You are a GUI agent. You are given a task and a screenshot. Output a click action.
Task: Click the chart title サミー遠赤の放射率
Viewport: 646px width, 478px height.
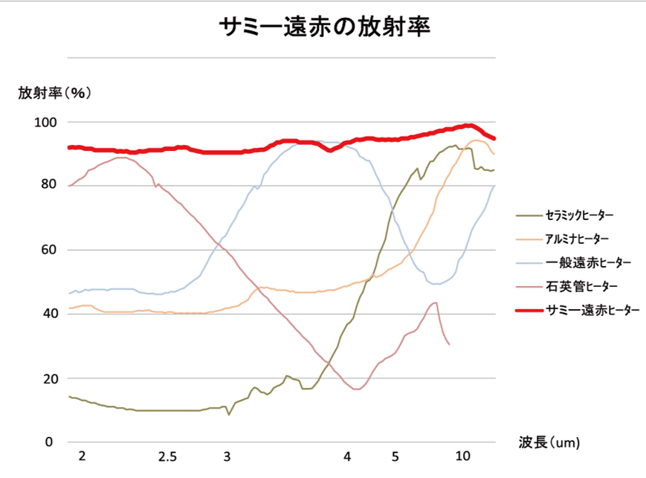[325, 28]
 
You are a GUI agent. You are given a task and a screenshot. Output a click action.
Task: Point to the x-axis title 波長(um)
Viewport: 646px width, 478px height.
[549, 442]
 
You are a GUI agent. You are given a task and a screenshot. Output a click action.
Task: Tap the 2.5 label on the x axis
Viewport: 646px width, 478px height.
[167, 456]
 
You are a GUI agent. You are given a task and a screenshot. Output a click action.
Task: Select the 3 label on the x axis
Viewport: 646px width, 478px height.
[227, 456]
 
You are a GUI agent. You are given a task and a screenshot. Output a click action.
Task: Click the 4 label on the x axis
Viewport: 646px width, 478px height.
[347, 456]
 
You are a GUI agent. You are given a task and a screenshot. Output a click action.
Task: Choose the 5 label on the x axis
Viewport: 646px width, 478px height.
[395, 456]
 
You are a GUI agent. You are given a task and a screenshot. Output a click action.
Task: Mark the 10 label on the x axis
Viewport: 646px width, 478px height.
[462, 456]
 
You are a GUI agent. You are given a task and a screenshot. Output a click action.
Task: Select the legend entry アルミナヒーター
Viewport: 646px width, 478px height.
[577, 239]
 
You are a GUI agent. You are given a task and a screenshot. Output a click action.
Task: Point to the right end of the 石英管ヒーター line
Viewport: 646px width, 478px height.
[449, 344]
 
